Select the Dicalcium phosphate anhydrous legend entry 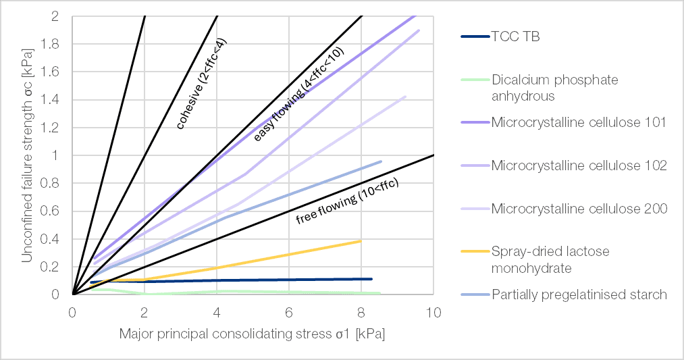point(554,88)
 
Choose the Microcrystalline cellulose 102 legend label point(579,165)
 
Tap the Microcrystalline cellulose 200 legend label point(579,209)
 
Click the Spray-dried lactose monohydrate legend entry point(550,260)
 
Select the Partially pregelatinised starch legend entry point(579,294)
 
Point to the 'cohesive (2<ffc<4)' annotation point(201,84)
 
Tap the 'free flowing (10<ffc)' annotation point(347,201)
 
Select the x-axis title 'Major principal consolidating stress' point(252,334)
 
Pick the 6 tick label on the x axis point(289,312)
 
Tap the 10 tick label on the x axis point(433,312)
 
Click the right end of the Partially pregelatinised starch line point(381,161)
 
